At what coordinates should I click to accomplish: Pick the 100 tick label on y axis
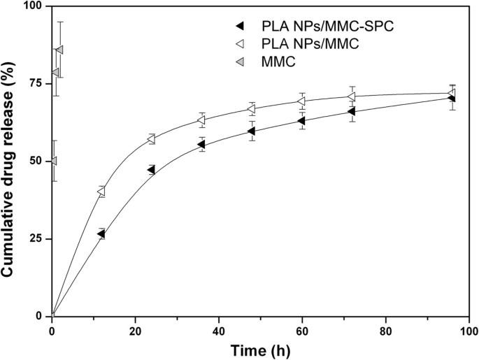[31, 6]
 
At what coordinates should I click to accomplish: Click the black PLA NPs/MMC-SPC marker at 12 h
[101, 234]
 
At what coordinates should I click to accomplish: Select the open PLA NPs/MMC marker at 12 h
[101, 192]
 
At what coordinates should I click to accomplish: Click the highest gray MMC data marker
[59, 50]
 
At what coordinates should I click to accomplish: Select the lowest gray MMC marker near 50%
[53, 161]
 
